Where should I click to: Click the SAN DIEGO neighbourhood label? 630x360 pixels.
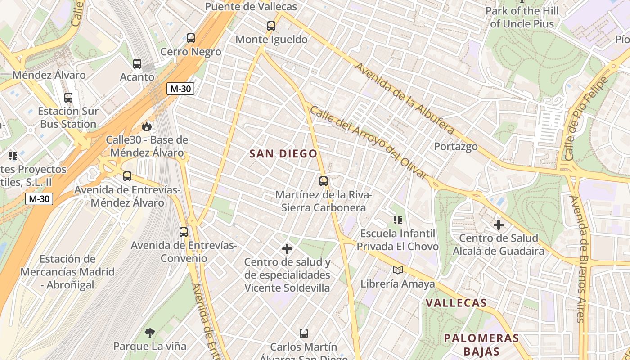pos(283,154)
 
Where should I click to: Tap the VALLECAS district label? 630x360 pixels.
pos(456,303)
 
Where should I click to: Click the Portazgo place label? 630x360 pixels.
pos(455,147)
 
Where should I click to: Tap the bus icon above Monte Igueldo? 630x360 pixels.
pos(271,26)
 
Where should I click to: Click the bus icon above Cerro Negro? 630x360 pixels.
pos(191,38)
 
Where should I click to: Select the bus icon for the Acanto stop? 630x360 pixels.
pos(137,64)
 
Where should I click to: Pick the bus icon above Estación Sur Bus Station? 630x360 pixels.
pos(68,98)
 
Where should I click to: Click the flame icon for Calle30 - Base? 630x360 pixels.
pos(147,127)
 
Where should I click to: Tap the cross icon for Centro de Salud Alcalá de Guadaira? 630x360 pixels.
pos(499,225)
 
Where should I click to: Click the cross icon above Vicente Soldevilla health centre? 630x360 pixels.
pos(287,249)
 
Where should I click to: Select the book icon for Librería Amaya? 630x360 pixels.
pos(398,270)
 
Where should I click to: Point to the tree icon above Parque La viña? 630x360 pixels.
pos(150,333)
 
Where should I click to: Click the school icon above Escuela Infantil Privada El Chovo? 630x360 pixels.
pos(398,220)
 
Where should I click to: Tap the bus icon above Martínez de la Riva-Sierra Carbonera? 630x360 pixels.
pos(324,181)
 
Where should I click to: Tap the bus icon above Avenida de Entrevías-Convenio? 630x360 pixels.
pos(184,232)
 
